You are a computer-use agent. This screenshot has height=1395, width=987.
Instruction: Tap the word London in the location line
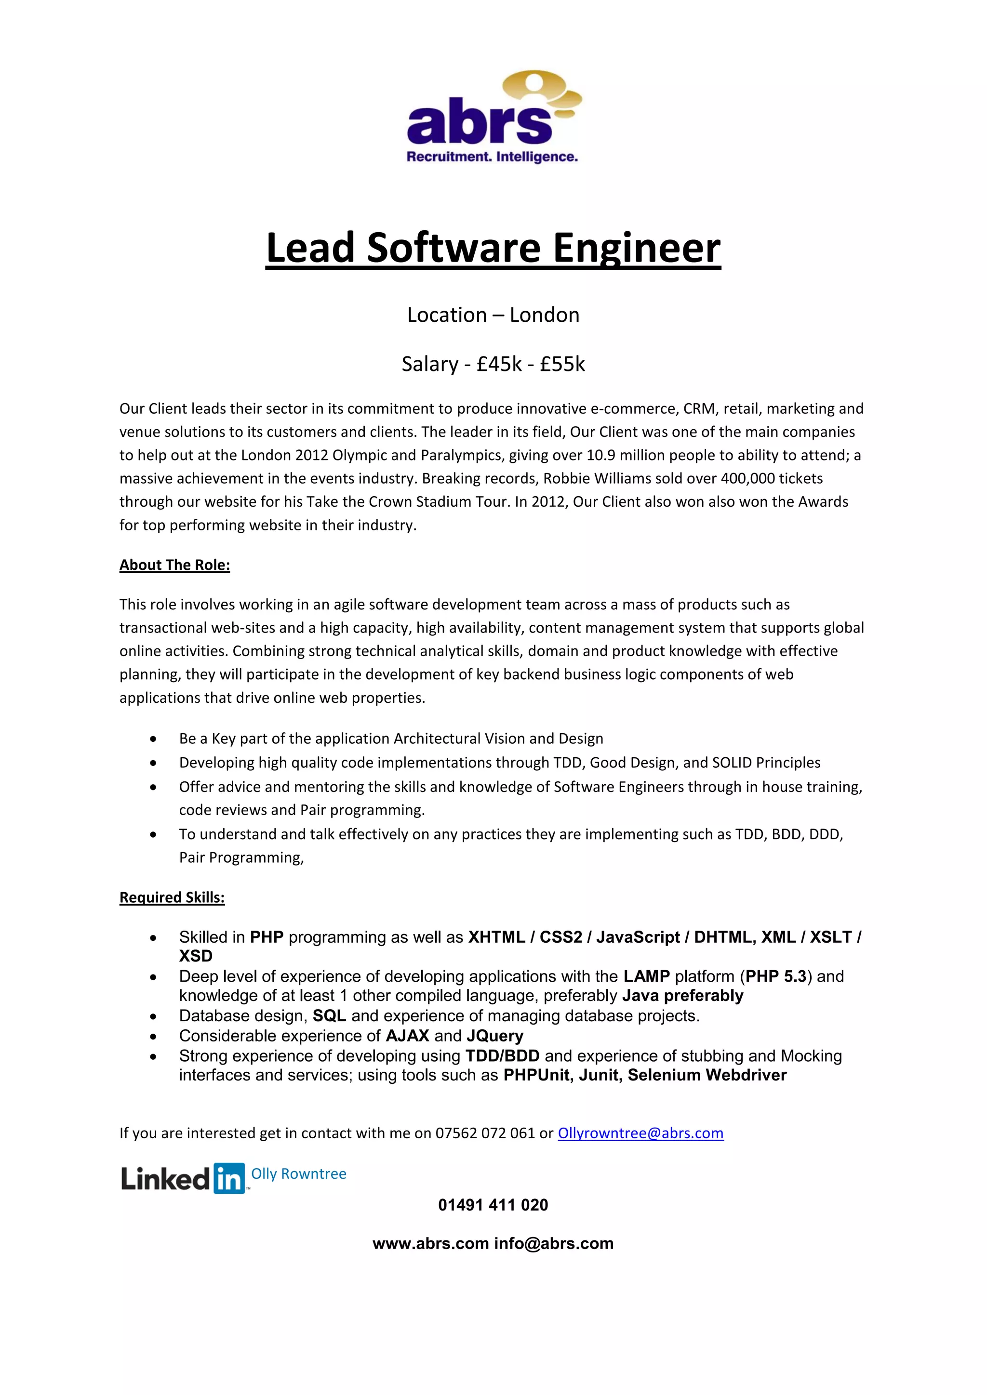click(x=544, y=315)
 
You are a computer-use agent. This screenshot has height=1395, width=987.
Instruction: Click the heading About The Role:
click(x=174, y=565)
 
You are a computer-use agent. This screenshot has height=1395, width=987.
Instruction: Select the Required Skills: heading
click(x=172, y=897)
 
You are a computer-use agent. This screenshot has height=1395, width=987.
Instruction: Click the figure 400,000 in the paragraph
click(x=747, y=479)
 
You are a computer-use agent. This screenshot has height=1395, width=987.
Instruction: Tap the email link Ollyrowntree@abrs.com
click(x=640, y=1133)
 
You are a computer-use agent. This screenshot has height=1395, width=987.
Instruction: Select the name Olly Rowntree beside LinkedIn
click(x=298, y=1174)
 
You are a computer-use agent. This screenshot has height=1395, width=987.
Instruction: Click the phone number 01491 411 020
click(x=493, y=1205)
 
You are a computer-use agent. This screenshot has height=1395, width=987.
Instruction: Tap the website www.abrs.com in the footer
click(x=430, y=1244)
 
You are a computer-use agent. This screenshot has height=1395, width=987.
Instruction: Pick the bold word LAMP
click(x=646, y=976)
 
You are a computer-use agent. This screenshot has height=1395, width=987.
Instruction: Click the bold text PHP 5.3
click(x=775, y=976)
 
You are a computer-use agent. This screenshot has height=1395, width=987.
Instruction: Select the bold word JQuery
click(x=495, y=1036)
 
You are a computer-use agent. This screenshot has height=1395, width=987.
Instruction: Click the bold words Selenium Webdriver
click(x=707, y=1076)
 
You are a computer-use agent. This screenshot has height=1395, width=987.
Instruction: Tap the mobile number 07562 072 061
click(x=485, y=1133)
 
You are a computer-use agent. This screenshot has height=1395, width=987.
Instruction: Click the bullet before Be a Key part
click(x=153, y=739)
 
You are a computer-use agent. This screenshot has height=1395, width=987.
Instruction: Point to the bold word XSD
click(x=196, y=956)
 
